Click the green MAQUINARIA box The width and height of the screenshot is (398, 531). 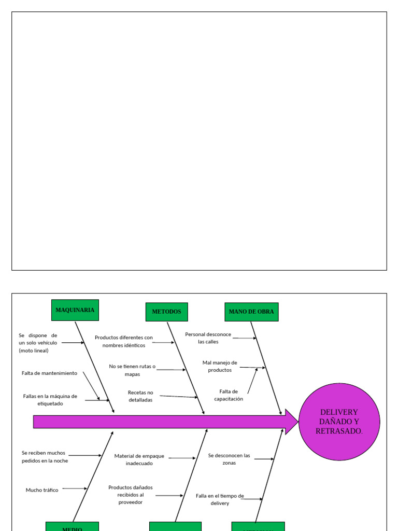(75, 310)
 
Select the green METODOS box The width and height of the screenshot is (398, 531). (166, 312)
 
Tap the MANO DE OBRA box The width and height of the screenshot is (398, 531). (251, 312)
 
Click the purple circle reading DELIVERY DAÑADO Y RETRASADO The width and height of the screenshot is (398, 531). (339, 422)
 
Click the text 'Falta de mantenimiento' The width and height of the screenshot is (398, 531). (49, 373)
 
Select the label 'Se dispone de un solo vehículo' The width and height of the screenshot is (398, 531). (38, 343)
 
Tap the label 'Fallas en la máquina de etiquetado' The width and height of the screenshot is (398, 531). (50, 400)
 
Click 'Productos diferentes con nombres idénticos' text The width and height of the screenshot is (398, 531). (123, 341)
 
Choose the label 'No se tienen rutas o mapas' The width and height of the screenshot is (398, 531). (132, 370)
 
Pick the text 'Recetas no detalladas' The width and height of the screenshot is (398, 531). (140, 396)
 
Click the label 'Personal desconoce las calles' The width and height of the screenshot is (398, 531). (208, 338)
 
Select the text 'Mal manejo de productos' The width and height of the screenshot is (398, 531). (220, 366)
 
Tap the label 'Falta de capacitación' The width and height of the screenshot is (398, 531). (228, 395)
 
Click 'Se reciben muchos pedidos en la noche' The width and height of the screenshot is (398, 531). (44, 456)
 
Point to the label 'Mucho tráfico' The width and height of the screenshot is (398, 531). (42, 490)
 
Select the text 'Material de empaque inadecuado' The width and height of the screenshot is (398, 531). (139, 459)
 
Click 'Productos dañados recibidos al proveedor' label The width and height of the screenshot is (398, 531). (130, 495)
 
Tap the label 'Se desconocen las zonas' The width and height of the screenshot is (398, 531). (229, 459)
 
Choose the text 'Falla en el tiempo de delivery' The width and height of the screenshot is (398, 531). (220, 499)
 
